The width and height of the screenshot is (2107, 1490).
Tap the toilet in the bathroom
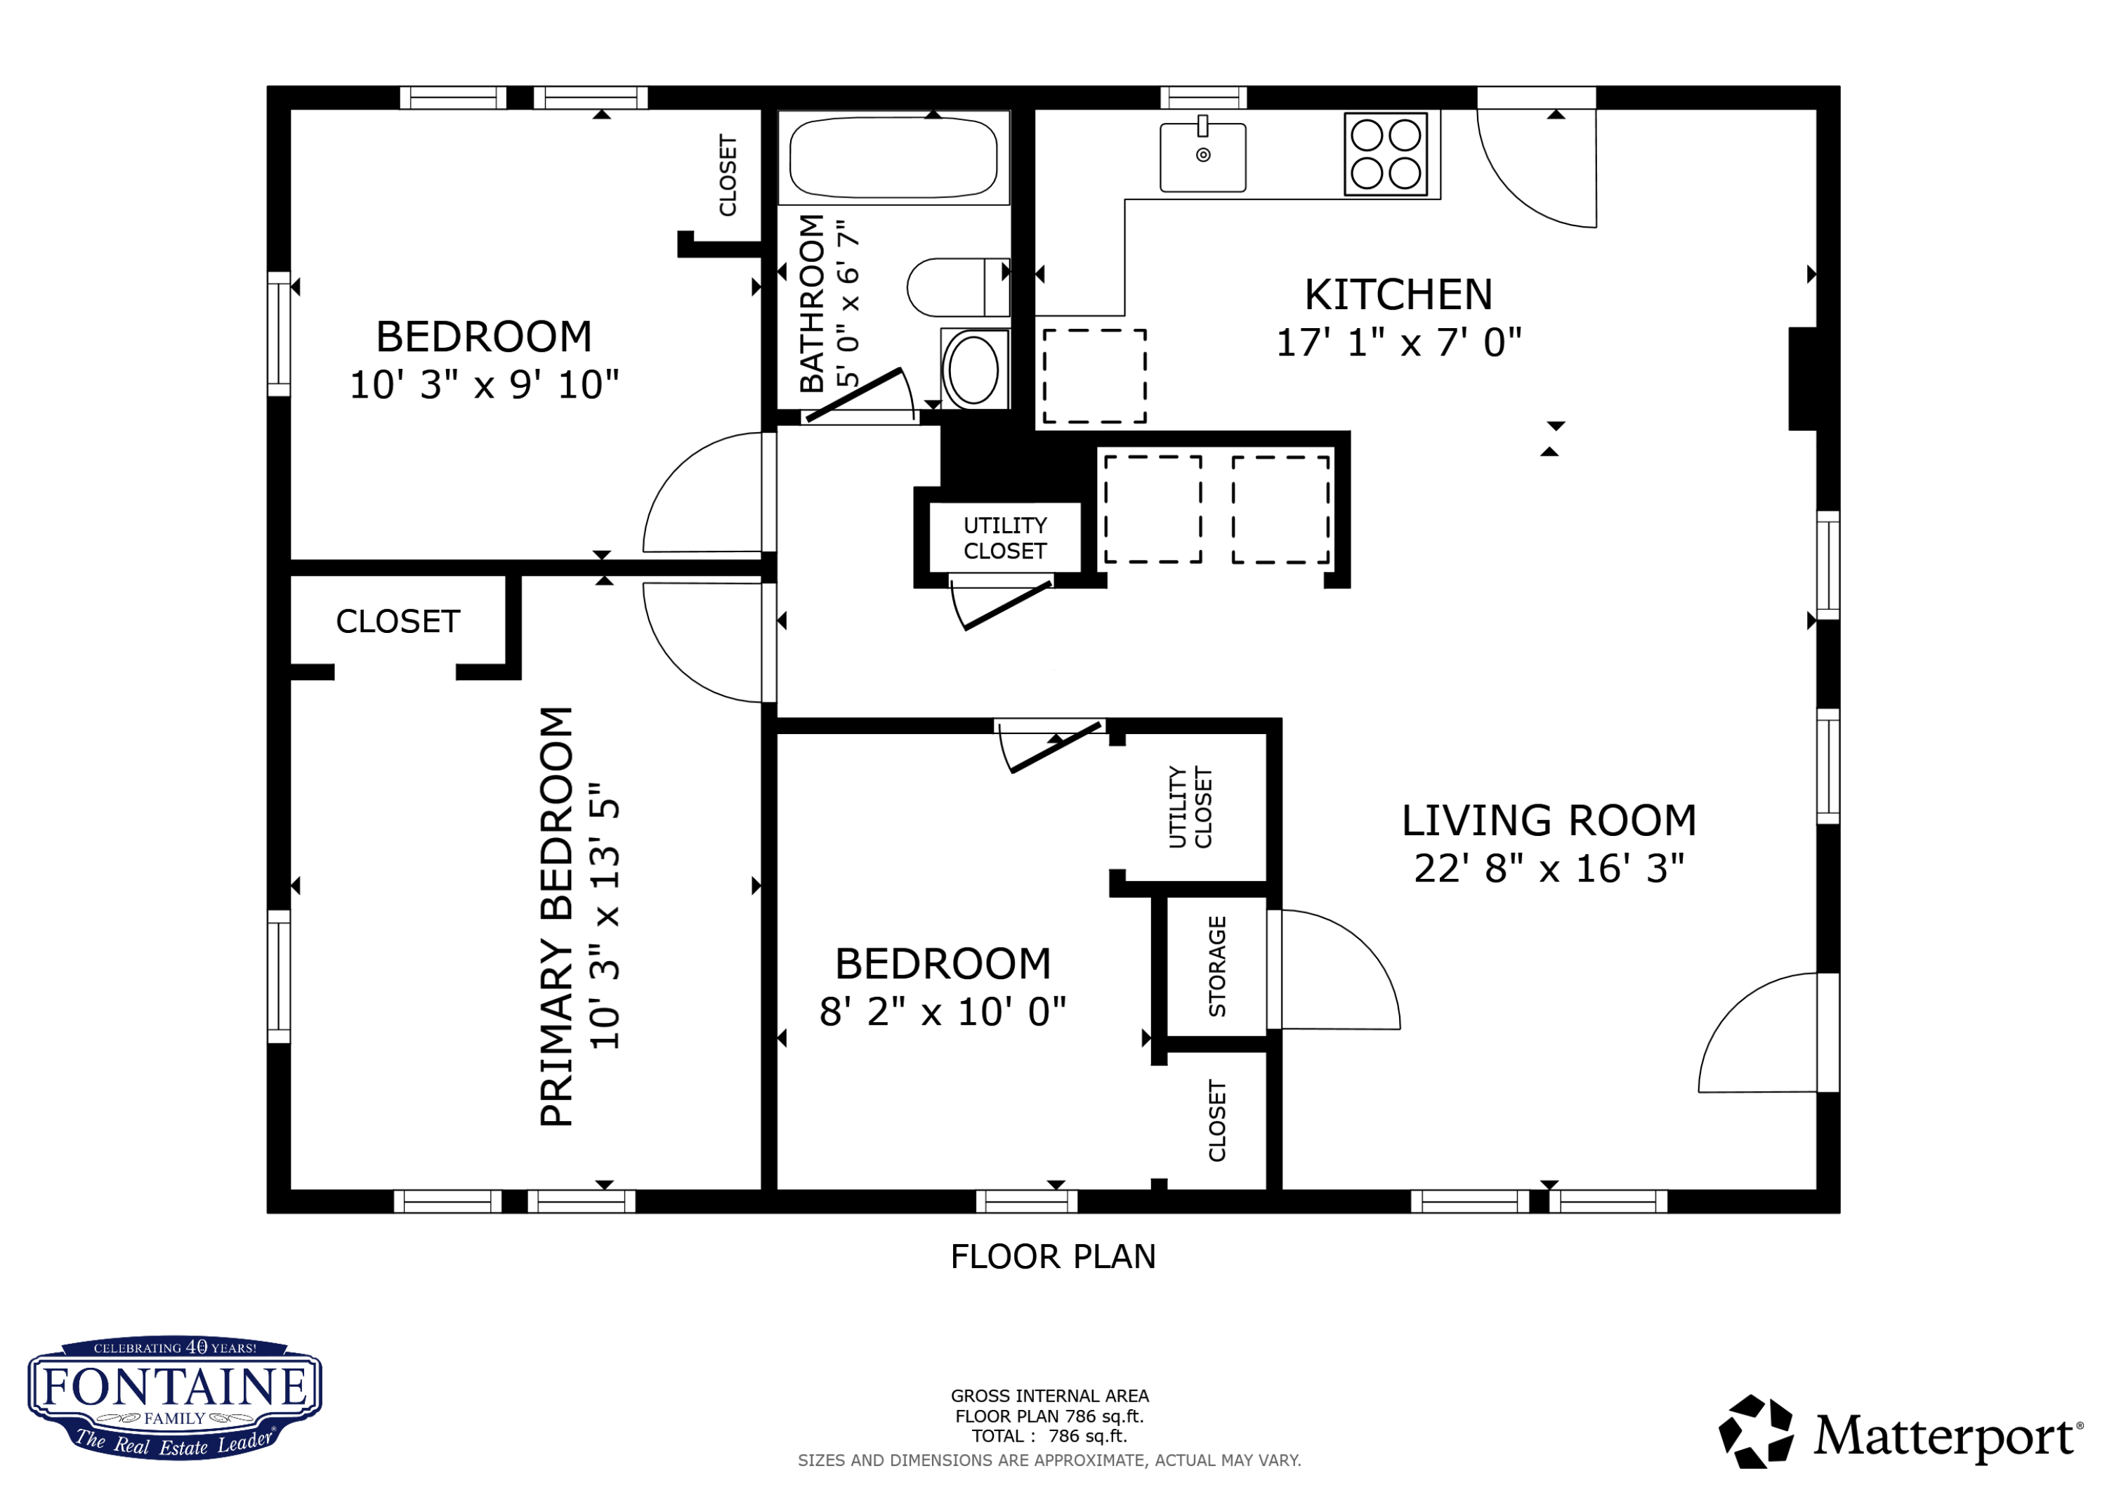coord(958,287)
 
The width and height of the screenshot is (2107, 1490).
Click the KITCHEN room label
coord(1398,294)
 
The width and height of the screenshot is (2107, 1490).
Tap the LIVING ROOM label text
coord(1549,821)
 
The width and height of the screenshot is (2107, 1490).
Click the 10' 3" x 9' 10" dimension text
coord(485,385)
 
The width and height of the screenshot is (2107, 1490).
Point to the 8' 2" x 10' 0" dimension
coord(943,1012)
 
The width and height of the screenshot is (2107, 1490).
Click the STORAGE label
coord(1218,966)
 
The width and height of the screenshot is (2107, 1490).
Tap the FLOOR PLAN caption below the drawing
coord(1053,1257)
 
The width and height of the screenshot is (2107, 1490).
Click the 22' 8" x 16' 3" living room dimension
coord(1549,868)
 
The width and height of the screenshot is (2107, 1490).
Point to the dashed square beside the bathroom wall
coord(1095,377)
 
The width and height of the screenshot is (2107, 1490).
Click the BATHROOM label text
coord(812,303)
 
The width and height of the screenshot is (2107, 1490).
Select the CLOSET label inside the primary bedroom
coord(398,622)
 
